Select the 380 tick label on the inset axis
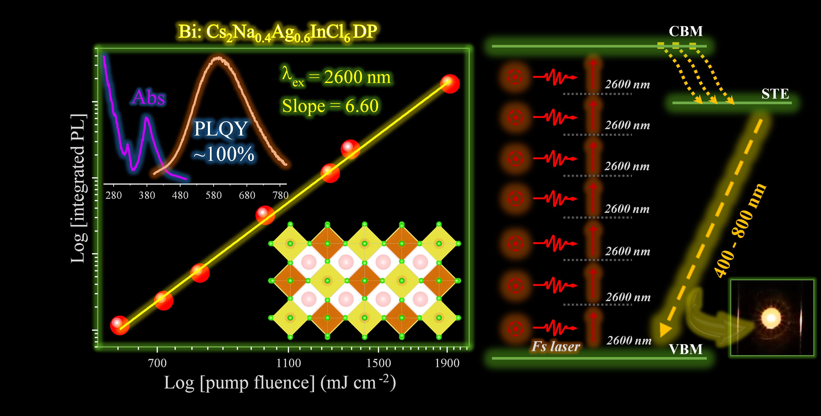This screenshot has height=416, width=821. pos(147,195)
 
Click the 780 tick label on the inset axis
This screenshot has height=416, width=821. pos(280,195)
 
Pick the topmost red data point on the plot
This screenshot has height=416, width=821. pos(450,83)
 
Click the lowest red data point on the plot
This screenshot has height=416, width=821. pos(119,325)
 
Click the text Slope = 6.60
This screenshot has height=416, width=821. pos(330,106)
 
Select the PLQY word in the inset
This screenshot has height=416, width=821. pos(221,129)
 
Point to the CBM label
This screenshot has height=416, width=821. pos(685,31)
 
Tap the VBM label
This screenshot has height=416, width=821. pos(685,349)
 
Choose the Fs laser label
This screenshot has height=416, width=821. pos(555,347)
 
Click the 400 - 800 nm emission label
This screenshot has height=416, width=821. pos(740,230)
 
